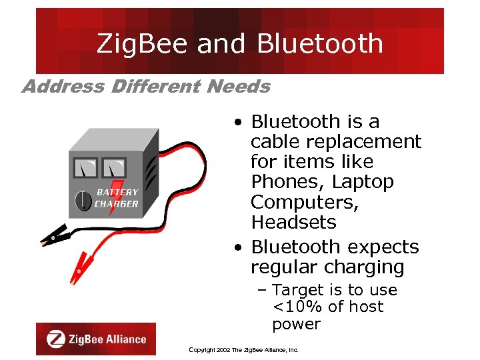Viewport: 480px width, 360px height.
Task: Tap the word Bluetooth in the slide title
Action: pyautogui.click(x=320, y=44)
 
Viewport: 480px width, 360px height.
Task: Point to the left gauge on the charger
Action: pyautogui.click(x=85, y=167)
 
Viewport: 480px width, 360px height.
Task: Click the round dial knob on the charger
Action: pyautogui.click(x=82, y=199)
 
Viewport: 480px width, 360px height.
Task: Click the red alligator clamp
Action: pyautogui.click(x=82, y=267)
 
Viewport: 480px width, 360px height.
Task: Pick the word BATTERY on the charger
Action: pyautogui.click(x=117, y=192)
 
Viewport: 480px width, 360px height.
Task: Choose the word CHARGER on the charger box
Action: pyautogui.click(x=117, y=204)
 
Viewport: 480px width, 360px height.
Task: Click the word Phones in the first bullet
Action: pyautogui.click(x=279, y=182)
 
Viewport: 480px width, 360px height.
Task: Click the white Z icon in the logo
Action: pyautogui.click(x=56, y=339)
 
